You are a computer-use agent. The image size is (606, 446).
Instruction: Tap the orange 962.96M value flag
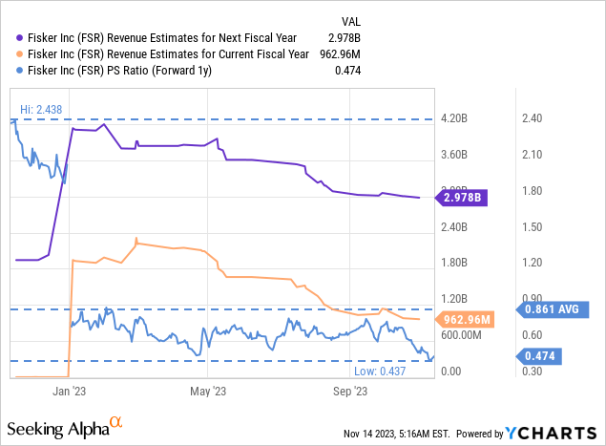(x=465, y=319)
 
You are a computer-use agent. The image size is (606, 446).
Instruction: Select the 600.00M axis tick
(x=460, y=335)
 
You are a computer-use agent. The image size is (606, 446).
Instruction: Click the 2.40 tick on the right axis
(x=531, y=118)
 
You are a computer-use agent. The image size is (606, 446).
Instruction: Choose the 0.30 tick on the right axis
(x=531, y=372)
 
